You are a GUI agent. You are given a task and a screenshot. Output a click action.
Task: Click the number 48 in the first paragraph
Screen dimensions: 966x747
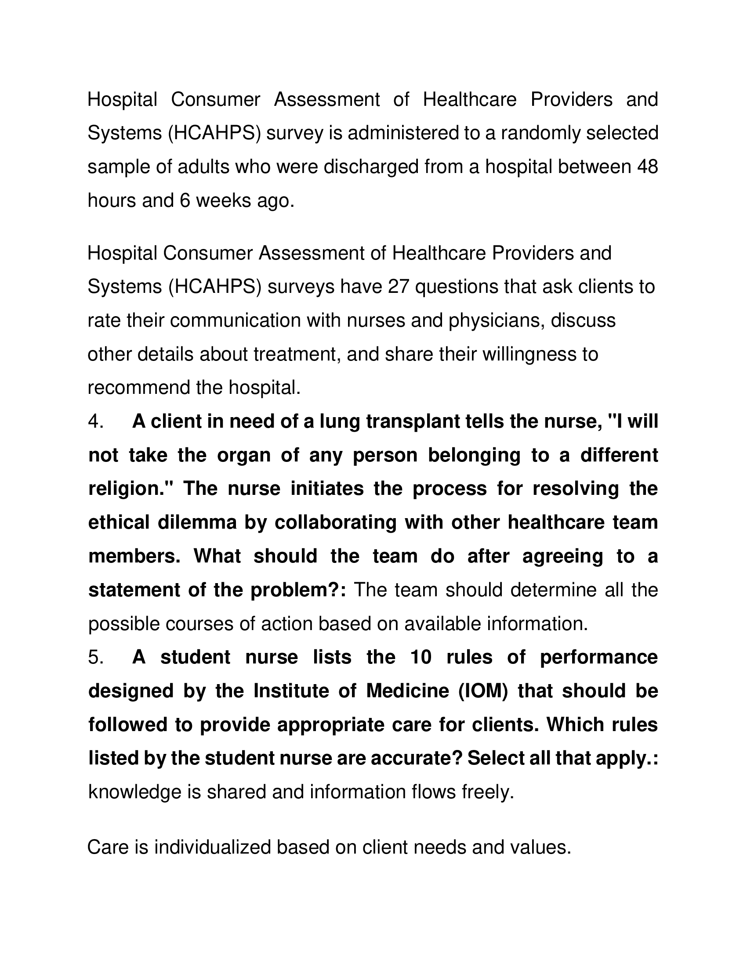[647, 167]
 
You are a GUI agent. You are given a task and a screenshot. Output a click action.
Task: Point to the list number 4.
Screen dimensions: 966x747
[96, 422]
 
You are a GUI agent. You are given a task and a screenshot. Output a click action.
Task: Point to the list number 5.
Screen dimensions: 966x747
[96, 657]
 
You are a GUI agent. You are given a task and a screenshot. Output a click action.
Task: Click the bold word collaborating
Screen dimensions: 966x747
[335, 523]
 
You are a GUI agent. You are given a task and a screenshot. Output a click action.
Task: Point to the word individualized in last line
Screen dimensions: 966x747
[212, 847]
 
